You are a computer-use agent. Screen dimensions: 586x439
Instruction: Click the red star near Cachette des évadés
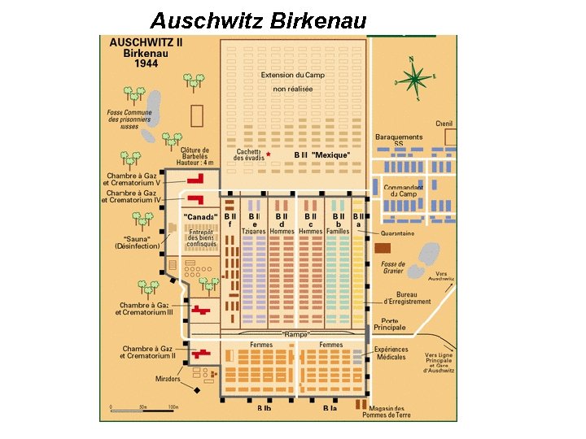click(268, 154)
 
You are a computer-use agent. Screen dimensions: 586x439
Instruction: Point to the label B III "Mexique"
click(321, 154)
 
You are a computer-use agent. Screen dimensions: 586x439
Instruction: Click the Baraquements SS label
click(399, 140)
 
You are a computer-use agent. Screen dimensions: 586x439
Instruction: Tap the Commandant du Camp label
click(404, 190)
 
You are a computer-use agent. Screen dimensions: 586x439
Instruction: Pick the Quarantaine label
click(397, 233)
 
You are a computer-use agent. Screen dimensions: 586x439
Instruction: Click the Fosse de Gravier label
click(393, 267)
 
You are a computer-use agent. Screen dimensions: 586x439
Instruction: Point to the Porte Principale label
click(389, 324)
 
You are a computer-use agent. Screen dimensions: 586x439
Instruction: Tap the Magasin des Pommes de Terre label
click(388, 411)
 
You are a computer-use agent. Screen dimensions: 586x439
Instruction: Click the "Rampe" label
click(296, 334)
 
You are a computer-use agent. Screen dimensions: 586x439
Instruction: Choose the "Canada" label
click(200, 217)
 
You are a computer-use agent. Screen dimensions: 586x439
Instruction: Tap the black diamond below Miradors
click(195, 389)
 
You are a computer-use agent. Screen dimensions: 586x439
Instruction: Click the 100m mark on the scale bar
click(173, 406)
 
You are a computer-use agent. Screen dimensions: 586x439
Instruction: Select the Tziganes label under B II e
click(253, 231)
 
